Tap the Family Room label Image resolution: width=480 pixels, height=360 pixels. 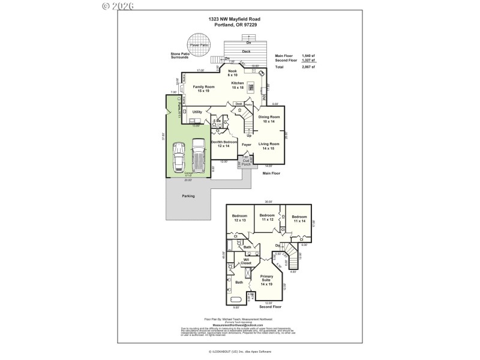click(201, 89)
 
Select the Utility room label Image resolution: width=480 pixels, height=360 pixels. click(197, 112)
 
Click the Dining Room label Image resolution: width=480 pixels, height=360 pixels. click(269, 119)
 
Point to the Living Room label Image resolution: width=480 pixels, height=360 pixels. click(269, 146)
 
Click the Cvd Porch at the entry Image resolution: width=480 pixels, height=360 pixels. click(245, 162)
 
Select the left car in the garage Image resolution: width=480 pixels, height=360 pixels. click(179, 158)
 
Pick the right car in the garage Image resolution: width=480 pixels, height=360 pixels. click(199, 154)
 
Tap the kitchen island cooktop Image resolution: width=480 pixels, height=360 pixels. click(253, 85)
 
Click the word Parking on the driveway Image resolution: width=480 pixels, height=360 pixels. click(188, 196)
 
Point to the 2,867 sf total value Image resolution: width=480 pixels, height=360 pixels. click(308, 67)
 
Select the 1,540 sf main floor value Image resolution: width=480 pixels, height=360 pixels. click(308, 55)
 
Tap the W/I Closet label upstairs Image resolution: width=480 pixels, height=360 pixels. click(246, 262)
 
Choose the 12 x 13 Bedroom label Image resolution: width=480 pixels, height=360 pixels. click(240, 218)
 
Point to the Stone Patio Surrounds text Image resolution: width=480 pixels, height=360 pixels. click(180, 56)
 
